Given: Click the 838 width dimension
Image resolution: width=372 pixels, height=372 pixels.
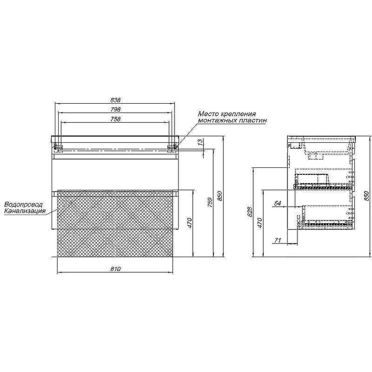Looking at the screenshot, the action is [x=115, y=100].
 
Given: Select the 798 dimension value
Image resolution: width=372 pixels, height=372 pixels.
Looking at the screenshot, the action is [x=115, y=109].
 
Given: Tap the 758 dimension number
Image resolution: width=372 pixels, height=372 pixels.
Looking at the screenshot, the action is [x=115, y=119].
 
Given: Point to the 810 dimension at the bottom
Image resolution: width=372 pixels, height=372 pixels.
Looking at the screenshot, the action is [x=115, y=269].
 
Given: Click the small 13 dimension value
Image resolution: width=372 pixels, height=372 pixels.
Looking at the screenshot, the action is [x=201, y=142].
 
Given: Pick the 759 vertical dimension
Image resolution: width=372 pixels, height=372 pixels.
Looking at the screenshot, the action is [x=210, y=202].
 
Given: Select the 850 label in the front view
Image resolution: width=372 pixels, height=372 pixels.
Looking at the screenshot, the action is [x=219, y=196].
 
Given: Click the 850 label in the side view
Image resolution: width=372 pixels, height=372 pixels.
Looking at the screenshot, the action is [x=367, y=196].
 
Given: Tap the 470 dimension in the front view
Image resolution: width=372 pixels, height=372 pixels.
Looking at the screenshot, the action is [x=189, y=223].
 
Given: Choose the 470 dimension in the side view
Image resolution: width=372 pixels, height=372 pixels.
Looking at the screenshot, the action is [x=259, y=223].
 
